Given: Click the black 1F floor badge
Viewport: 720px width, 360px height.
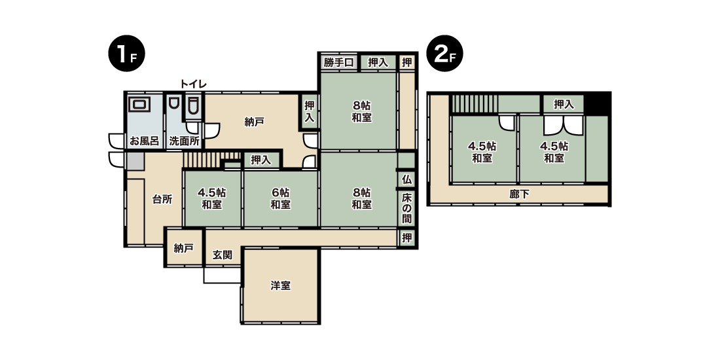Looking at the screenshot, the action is pyautogui.click(x=126, y=53).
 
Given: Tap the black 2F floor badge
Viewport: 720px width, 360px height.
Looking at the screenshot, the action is pyautogui.click(x=445, y=53).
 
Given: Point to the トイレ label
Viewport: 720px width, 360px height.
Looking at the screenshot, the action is pyautogui.click(x=193, y=84).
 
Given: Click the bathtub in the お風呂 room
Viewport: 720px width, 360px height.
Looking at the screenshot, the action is pyautogui.click(x=139, y=104).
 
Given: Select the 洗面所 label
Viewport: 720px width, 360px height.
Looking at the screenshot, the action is pyautogui.click(x=184, y=141).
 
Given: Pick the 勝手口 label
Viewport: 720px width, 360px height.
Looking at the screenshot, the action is pyautogui.click(x=338, y=62).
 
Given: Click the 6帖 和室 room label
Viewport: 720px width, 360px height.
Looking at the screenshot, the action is pyautogui.click(x=280, y=198).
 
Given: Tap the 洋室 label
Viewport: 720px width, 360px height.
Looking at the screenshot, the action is pyautogui.click(x=280, y=285).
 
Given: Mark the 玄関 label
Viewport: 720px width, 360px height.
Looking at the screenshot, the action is pyautogui.click(x=223, y=255).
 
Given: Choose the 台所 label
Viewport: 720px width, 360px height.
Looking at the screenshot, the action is pyautogui.click(x=162, y=199).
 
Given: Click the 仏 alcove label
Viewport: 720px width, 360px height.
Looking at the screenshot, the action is pyautogui.click(x=406, y=179).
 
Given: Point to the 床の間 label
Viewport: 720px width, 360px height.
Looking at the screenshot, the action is pyautogui.click(x=407, y=208).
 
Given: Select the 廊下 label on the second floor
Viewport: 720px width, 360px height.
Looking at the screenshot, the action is pyautogui.click(x=519, y=194).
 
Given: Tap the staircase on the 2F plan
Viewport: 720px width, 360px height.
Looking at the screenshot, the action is pyautogui.click(x=475, y=104).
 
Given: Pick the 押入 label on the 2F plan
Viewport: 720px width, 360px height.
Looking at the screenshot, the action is pyautogui.click(x=564, y=104).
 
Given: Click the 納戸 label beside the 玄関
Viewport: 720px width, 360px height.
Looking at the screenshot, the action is pyautogui.click(x=184, y=249).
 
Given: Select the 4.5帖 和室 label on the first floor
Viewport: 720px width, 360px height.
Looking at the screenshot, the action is pyautogui.click(x=211, y=198).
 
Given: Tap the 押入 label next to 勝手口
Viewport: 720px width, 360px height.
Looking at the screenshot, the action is pyautogui.click(x=378, y=62).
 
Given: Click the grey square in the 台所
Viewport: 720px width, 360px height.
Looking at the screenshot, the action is pyautogui.click(x=135, y=162).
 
